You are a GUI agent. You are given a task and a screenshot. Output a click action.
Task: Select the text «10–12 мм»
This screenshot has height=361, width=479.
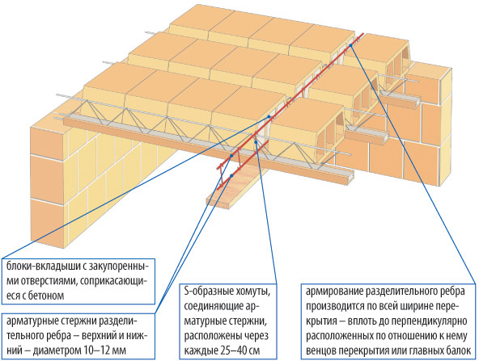click(x=105, y=351)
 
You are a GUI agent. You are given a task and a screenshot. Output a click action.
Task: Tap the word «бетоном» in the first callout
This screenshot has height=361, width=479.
click(x=46, y=296)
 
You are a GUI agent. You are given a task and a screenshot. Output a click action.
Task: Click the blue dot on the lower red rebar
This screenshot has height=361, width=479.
click(x=231, y=175)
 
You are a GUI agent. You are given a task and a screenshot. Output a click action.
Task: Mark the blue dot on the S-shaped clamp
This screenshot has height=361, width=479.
click(x=256, y=141)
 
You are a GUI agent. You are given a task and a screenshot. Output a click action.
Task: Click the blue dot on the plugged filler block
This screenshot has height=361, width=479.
click(x=269, y=116)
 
